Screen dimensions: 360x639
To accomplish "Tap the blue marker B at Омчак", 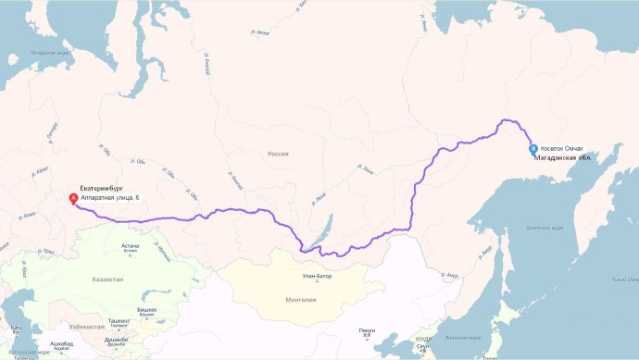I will [532, 148].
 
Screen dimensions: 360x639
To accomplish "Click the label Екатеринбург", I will [102, 189].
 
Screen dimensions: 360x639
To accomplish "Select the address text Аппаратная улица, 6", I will [110, 198].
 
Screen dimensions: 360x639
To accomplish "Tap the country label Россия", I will [277, 154].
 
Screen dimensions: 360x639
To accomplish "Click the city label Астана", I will [130, 245].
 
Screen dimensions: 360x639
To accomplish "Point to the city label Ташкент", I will [118, 321].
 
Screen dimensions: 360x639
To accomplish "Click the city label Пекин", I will [368, 331].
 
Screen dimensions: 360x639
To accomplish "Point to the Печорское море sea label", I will [51, 53].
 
